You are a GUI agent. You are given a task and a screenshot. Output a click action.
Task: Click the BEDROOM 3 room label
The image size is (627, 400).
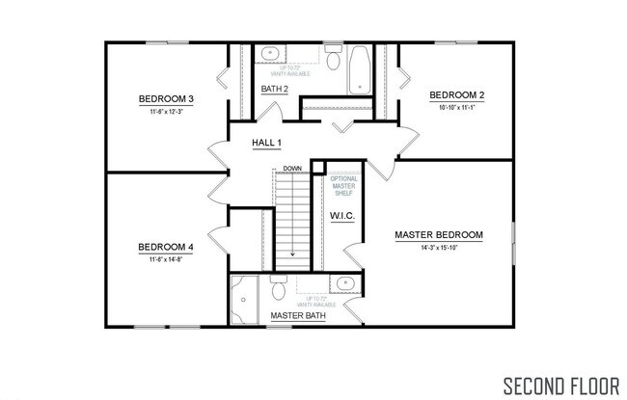click(x=166, y=98)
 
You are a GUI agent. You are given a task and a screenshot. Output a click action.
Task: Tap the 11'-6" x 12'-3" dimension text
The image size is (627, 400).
click(x=166, y=113)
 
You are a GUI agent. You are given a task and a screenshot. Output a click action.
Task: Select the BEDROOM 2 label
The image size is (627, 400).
click(x=456, y=94)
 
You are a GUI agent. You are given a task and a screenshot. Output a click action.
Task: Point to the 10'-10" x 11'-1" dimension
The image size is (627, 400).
click(x=456, y=108)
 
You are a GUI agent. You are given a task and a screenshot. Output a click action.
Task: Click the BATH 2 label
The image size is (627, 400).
click(x=275, y=90)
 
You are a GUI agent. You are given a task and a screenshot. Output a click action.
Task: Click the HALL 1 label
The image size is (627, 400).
click(x=266, y=143)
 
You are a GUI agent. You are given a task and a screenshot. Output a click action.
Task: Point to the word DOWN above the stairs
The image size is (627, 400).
click(x=293, y=168)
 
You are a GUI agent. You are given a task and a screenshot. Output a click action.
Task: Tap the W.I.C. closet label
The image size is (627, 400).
click(x=342, y=216)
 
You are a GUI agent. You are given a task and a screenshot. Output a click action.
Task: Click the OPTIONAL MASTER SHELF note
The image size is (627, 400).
click(x=343, y=186)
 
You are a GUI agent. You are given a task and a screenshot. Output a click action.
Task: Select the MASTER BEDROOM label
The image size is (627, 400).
click(x=439, y=234)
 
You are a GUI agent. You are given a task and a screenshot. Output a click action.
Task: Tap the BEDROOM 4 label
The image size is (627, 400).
click(x=166, y=247)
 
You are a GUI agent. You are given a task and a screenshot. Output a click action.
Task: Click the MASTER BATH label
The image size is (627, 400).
click(x=296, y=315)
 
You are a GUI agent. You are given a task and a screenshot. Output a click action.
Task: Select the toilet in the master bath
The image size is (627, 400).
click(x=278, y=288)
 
